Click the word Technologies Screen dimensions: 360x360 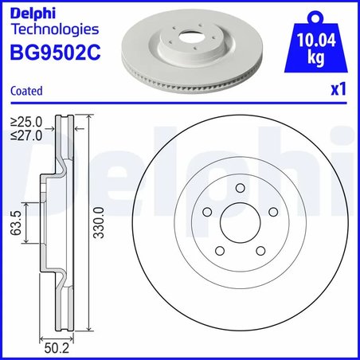(x=53, y=29)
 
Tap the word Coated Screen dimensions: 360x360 (x=26, y=92)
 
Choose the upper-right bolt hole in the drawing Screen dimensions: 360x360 (x=270, y=212)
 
